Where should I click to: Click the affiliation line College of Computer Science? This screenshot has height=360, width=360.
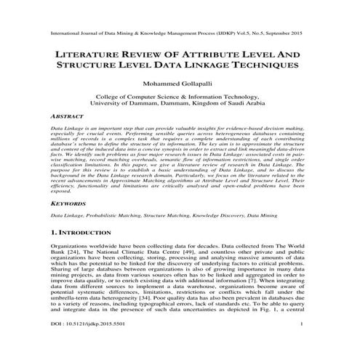click(179, 97)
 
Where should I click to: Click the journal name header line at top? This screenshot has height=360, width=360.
click(179, 33)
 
